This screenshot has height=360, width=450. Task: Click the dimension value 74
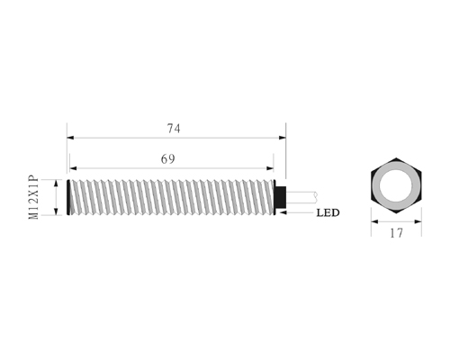[x=174, y=129]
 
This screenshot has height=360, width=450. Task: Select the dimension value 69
[x=167, y=159]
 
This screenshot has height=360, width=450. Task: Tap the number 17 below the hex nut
[x=396, y=233]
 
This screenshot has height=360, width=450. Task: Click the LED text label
[x=328, y=212]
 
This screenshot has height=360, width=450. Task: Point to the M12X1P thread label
[x=33, y=197]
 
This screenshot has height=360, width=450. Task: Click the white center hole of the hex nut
[x=396, y=185]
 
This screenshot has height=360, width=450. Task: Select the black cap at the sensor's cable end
[x=281, y=197]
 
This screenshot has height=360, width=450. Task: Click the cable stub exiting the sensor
[x=301, y=196]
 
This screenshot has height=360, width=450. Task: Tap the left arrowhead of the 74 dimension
[x=70, y=138]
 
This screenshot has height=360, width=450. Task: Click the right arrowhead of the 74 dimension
[x=283, y=138]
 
